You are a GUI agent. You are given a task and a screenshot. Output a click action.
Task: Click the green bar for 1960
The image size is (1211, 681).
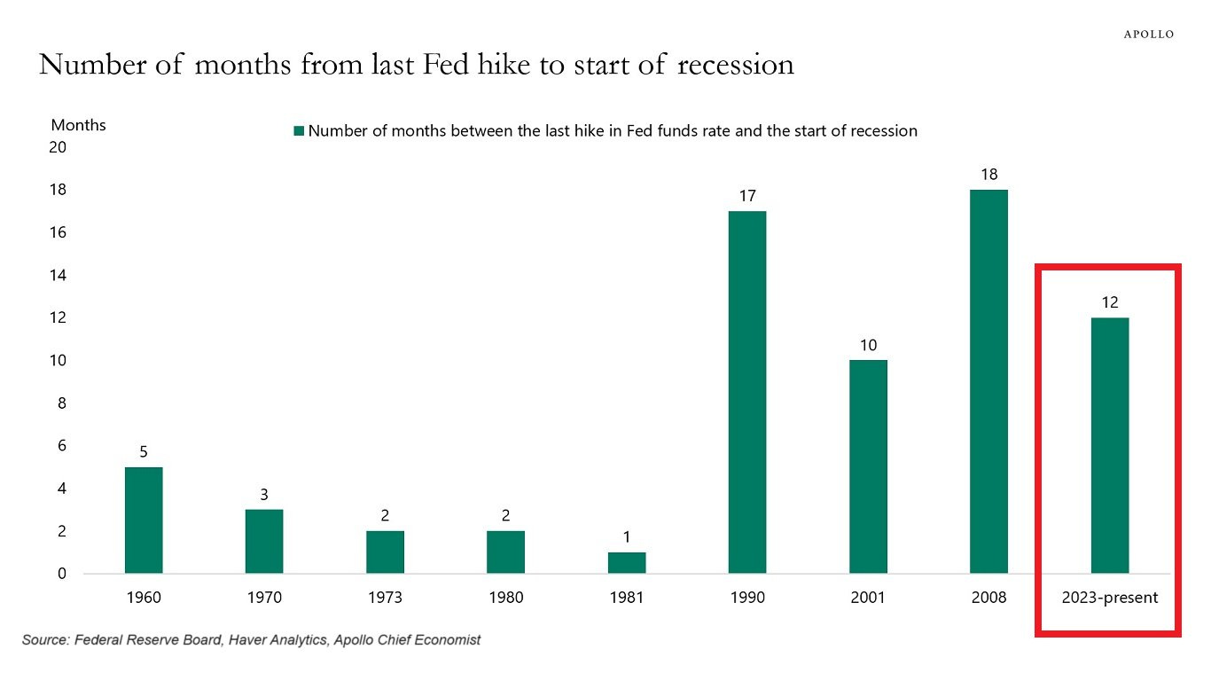click(x=144, y=520)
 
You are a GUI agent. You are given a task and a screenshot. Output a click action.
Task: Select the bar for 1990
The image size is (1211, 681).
click(x=747, y=392)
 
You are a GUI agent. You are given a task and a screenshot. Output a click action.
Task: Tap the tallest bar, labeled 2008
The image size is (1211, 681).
click(x=988, y=381)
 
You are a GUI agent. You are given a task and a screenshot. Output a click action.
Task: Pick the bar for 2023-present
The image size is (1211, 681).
click(x=1110, y=445)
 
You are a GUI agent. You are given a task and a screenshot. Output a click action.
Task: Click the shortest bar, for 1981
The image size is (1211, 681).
click(x=627, y=562)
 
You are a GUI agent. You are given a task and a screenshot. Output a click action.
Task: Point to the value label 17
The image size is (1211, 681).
click(x=747, y=196)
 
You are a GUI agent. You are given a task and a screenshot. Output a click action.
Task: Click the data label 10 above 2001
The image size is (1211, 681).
click(x=868, y=345)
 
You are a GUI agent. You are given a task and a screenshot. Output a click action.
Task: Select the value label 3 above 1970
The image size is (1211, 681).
click(x=264, y=495)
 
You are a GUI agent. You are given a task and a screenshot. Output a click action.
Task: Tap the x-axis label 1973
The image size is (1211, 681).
click(x=385, y=597)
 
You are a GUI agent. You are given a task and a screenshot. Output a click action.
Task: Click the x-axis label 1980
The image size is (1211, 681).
click(x=506, y=597)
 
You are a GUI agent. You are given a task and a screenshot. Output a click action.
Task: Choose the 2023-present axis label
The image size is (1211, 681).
click(x=1110, y=597)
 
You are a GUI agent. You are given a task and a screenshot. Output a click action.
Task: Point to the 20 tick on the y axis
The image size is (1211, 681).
click(x=58, y=147)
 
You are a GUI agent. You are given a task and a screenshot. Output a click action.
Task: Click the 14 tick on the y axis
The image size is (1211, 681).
click(x=58, y=275)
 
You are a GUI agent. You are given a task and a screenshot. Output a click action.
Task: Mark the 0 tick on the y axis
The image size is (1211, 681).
click(x=62, y=574)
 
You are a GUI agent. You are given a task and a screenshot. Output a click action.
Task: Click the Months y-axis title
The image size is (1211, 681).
click(x=78, y=125)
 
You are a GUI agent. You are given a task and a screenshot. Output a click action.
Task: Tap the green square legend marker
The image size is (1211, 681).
click(x=299, y=131)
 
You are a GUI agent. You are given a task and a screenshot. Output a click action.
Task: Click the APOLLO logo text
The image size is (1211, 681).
click(x=1149, y=35)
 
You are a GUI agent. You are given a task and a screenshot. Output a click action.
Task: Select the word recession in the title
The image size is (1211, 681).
click(x=736, y=65)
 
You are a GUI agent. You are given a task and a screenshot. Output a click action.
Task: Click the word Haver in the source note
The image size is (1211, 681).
click(x=246, y=640)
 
